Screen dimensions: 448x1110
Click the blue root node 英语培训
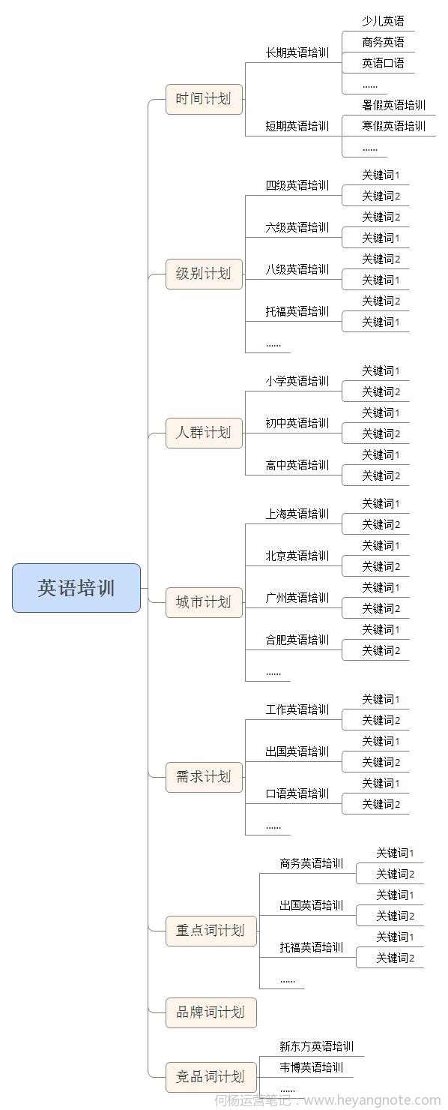76,588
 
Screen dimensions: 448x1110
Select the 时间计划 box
204,99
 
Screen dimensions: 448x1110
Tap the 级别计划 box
204,274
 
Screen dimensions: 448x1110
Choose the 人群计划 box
204,433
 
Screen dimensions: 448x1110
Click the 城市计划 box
204,602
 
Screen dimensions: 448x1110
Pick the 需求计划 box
204,777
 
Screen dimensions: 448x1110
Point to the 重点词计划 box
211,931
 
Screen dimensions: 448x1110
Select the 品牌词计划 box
211,1012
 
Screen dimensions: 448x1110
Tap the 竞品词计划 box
211,1077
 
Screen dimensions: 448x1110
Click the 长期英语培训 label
297,52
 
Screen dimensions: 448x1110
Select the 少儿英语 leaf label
383,21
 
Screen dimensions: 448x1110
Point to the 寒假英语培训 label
393,126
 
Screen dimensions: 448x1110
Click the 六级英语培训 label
297,227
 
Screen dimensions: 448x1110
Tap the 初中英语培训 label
297,423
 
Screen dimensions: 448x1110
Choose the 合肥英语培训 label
297,640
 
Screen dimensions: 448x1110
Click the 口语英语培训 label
297,793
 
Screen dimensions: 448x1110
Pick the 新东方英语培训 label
316,1046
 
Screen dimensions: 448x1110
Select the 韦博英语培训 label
312,1067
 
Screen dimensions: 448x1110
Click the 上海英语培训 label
297,514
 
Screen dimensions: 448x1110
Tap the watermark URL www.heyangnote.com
372,1100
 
